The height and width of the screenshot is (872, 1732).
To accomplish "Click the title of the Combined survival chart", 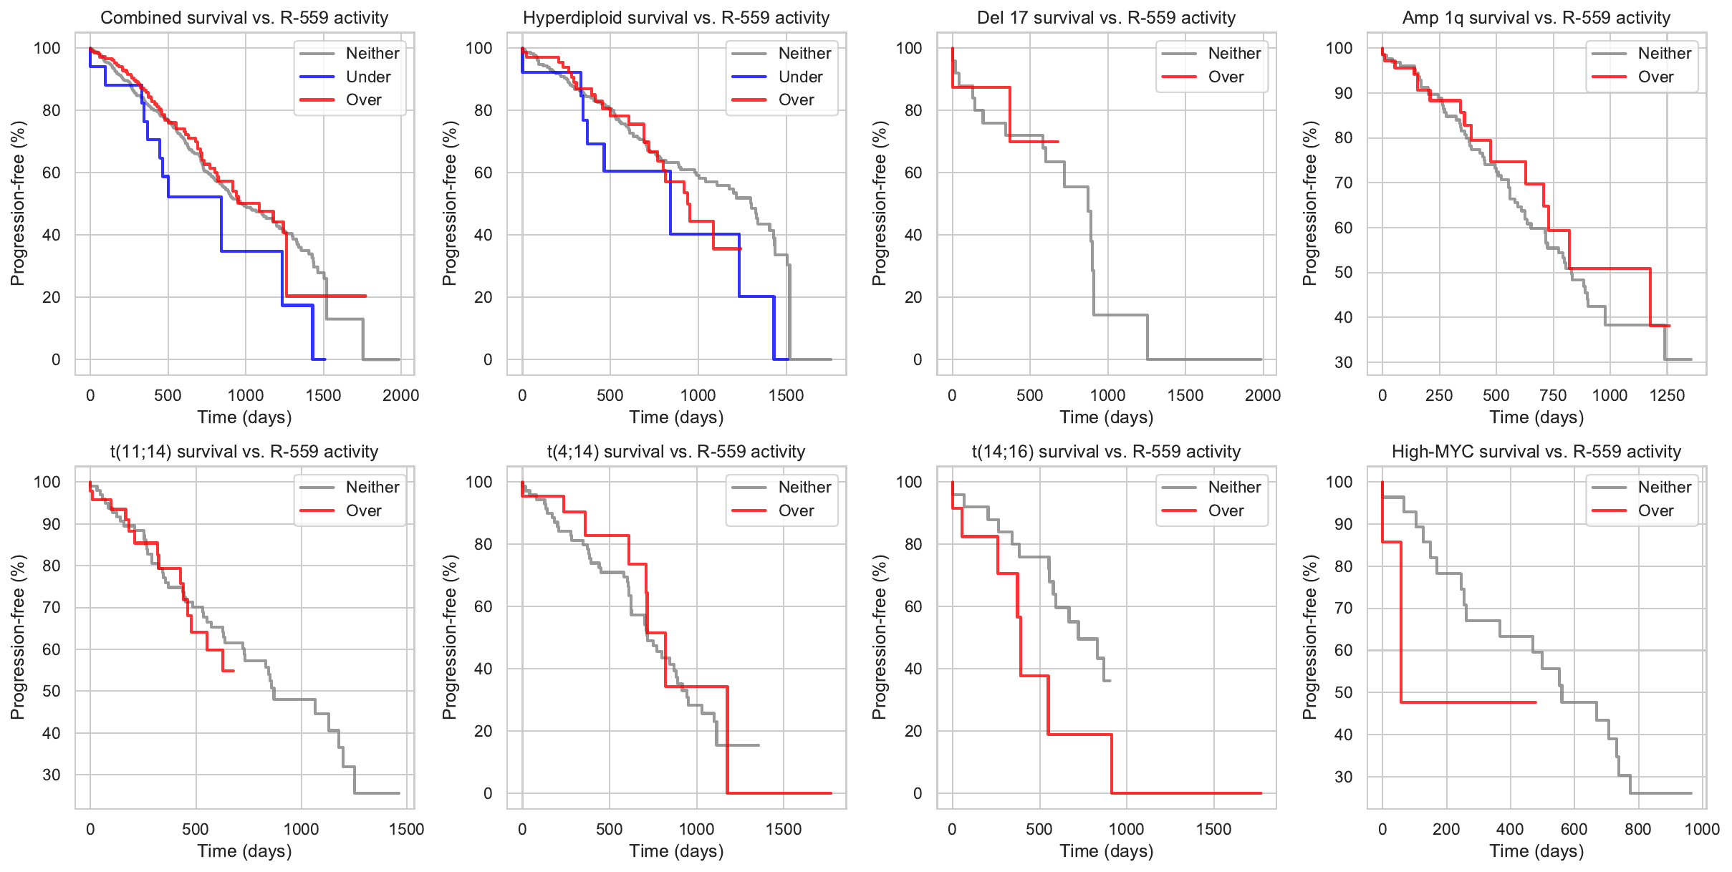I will pyautogui.click(x=244, y=18).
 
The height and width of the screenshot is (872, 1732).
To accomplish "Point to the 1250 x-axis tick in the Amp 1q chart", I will pyautogui.click(x=1667, y=395).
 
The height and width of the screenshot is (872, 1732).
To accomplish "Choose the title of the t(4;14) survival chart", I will pyautogui.click(x=676, y=452).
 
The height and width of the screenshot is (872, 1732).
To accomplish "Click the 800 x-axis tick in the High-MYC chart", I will pyautogui.click(x=1637, y=829).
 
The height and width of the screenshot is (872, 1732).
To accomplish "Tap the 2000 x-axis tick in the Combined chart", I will pyautogui.click(x=400, y=395).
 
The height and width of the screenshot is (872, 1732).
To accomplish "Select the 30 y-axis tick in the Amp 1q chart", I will pyautogui.click(x=1344, y=362).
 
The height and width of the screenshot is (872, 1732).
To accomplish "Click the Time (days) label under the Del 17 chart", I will pyautogui.click(x=1106, y=417).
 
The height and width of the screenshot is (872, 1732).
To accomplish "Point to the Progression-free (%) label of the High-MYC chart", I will pyautogui.click(x=1310, y=637).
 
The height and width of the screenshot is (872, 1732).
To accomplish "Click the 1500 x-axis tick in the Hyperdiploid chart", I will pyautogui.click(x=786, y=395).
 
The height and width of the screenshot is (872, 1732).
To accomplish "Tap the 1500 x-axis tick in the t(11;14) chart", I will pyautogui.click(x=406, y=829).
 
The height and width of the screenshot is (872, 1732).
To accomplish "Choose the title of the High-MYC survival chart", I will pyautogui.click(x=1536, y=452).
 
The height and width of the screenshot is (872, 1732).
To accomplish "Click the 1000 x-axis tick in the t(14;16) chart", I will pyautogui.click(x=1126, y=829).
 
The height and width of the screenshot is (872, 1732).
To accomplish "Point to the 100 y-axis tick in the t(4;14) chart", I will pyautogui.click(x=479, y=482).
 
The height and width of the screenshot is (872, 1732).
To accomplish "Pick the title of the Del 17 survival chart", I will pyautogui.click(x=1106, y=18).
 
